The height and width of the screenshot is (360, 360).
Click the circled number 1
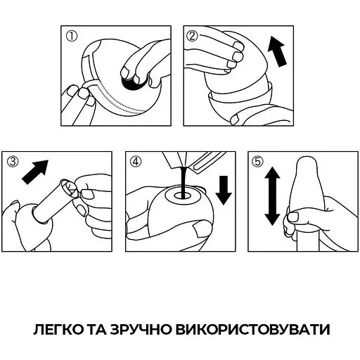click(x=68, y=37)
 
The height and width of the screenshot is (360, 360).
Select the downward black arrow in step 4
click(x=224, y=188)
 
